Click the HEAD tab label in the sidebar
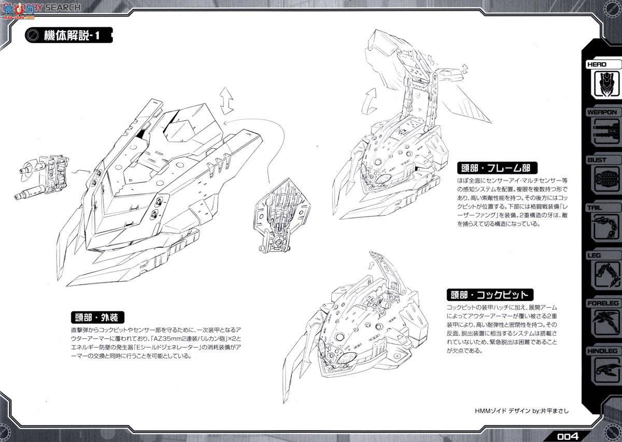(601, 65)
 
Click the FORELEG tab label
(602, 303)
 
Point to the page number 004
(568, 435)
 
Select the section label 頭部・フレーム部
(496, 169)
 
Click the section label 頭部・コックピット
(489, 295)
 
